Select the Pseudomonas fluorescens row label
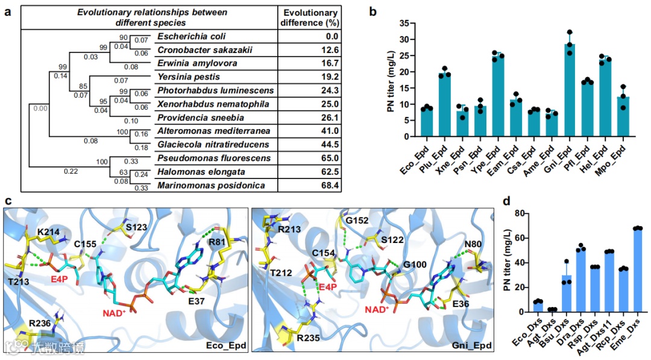click(x=210, y=158)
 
